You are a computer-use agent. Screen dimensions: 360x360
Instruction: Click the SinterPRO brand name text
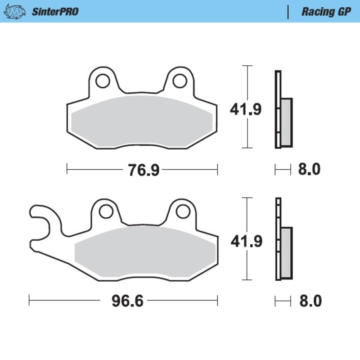click(x=55, y=12)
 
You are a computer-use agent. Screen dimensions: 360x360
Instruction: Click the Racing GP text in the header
click(x=326, y=12)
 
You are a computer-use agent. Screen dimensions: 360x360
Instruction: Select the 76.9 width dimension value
click(x=142, y=170)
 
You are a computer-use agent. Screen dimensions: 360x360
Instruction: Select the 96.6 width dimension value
click(x=127, y=301)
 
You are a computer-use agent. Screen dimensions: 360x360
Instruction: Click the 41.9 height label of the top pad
click(x=246, y=109)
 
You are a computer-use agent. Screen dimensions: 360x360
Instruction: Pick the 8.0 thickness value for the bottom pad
click(x=310, y=301)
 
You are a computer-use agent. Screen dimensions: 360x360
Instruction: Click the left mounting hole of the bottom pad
click(x=106, y=211)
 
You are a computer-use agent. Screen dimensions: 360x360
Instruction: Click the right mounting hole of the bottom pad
click(x=183, y=211)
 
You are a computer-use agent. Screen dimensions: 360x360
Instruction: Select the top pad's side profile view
click(x=283, y=110)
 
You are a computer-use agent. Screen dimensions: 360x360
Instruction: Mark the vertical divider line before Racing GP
click(x=288, y=12)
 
